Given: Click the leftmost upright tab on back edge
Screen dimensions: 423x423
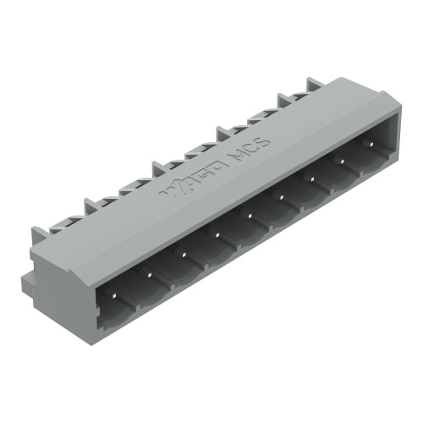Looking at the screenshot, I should pyautogui.click(x=39, y=236).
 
